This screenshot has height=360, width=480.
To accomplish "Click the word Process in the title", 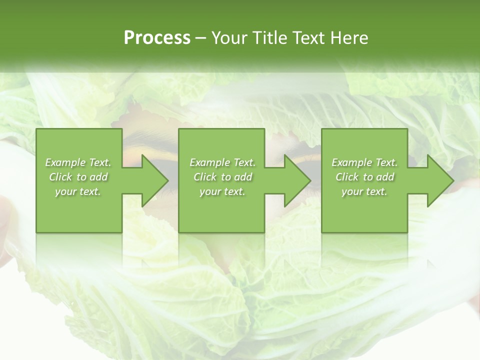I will coord(157,38).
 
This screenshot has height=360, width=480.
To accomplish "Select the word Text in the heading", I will coord(310,38).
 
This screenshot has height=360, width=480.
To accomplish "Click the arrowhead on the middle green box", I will coord(296,180).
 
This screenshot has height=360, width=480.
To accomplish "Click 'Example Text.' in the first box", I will coord(78,162).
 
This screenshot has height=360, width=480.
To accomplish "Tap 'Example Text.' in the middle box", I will coord(222,162).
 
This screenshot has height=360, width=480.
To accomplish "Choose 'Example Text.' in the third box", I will coord(364,162).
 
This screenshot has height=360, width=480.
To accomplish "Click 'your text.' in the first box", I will coord(78,191).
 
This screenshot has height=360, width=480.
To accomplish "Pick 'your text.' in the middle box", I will coord(222,191).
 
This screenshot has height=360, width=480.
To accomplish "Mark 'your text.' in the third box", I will coord(364,191).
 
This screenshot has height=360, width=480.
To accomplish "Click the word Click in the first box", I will coord(60,177).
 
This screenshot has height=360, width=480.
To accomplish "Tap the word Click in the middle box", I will coord(205,177).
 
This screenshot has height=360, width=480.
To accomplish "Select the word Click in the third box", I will coord(347,177).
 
